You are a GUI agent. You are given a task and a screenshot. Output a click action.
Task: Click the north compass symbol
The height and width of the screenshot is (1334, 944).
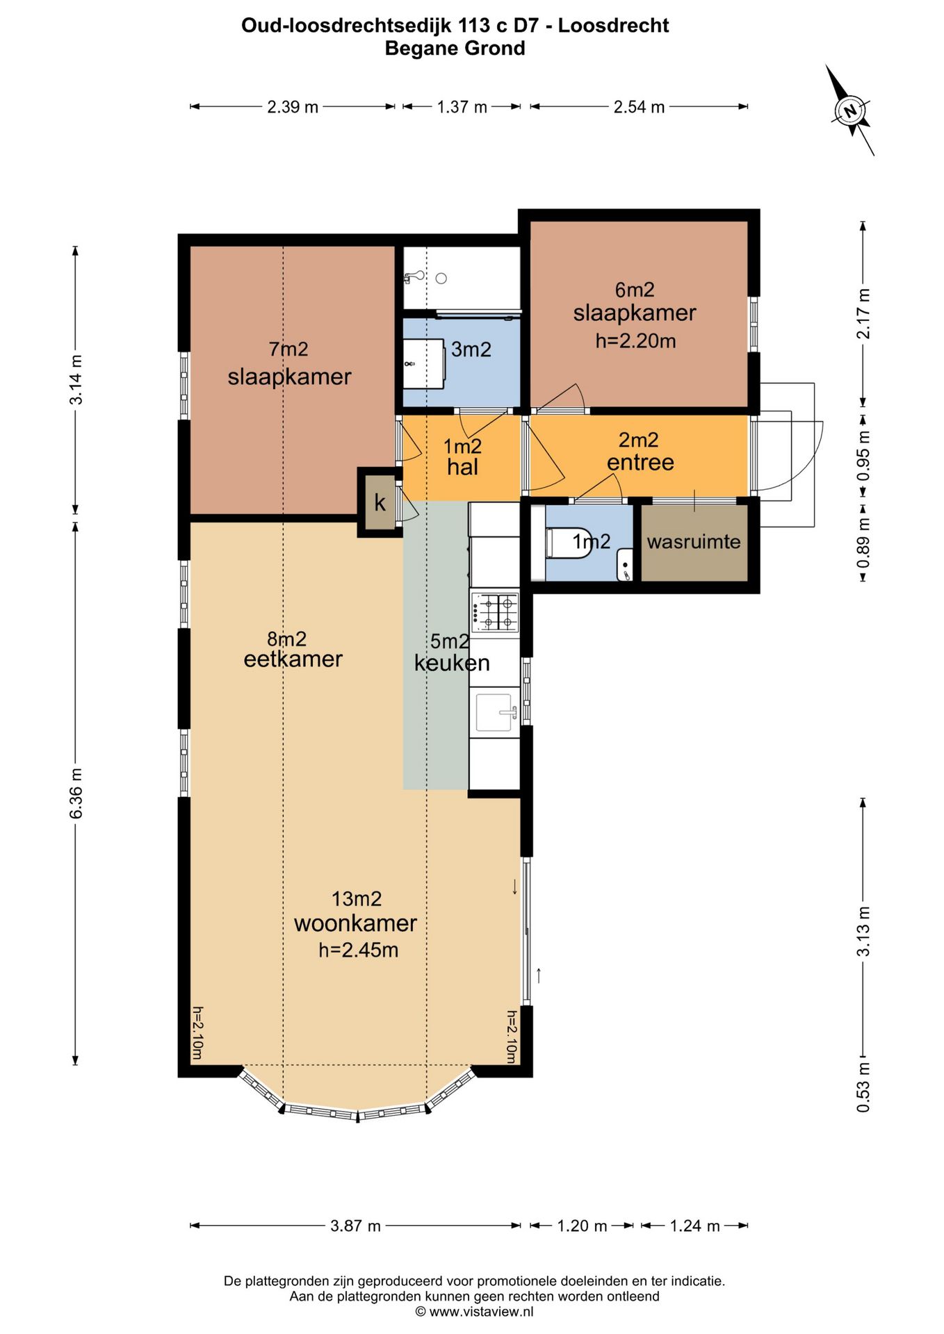click(x=849, y=110)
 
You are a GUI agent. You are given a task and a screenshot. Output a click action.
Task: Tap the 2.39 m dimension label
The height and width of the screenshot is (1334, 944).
click(x=293, y=107)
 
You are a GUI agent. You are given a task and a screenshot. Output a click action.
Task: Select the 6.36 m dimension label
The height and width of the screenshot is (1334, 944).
click(x=76, y=793)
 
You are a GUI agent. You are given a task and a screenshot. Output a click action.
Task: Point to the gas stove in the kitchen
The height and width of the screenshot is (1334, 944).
click(x=495, y=613)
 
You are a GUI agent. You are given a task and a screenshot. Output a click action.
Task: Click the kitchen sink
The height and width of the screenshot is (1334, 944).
click(x=495, y=713)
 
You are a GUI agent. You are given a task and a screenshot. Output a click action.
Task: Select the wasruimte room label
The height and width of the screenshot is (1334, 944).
click(x=694, y=541)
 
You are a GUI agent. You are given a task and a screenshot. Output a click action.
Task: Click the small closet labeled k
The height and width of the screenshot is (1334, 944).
click(x=380, y=502)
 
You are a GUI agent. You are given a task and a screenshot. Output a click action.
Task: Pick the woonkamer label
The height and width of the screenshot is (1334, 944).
click(x=355, y=923)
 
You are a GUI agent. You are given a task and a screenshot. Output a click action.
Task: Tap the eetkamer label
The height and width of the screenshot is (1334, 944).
click(x=293, y=659)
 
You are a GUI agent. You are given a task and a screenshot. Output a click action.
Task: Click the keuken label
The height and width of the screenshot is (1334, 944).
click(x=452, y=663)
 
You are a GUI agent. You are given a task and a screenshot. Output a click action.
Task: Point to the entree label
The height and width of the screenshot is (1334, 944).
click(x=640, y=462)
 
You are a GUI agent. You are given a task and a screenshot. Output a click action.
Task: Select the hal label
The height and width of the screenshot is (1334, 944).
click(x=462, y=467)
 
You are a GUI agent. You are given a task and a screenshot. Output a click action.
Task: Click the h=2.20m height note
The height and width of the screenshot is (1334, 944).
click(x=635, y=340)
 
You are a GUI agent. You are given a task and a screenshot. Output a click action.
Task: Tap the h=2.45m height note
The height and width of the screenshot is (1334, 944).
click(x=359, y=950)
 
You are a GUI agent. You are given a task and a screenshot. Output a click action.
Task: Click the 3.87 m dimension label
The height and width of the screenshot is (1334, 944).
click(x=355, y=1226)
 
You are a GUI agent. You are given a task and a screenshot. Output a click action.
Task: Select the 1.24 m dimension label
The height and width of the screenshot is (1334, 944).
click(x=694, y=1226)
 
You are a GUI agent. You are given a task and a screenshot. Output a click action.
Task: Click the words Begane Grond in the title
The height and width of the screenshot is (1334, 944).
click(x=455, y=49)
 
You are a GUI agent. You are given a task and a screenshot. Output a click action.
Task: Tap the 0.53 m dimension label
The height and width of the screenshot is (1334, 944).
click(x=863, y=1087)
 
